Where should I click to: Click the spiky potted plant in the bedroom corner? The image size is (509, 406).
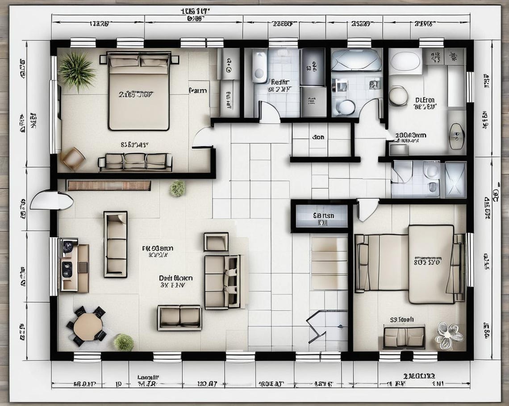[76, 70]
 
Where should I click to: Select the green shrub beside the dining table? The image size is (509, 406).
[124, 343]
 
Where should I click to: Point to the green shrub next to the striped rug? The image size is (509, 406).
[177, 188]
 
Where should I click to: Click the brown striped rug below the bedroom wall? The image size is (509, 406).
[108, 185]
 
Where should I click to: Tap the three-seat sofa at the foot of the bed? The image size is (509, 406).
[135, 162]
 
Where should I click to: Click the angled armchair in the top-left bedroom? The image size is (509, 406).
[73, 159]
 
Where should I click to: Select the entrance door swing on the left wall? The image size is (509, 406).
[51, 201]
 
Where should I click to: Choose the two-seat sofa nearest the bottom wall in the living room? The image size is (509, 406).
[179, 318]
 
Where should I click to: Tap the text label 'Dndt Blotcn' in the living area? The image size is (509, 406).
[175, 278]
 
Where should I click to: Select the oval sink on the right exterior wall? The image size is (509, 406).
[456, 136]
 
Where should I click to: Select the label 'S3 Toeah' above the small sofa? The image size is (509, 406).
[401, 319]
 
